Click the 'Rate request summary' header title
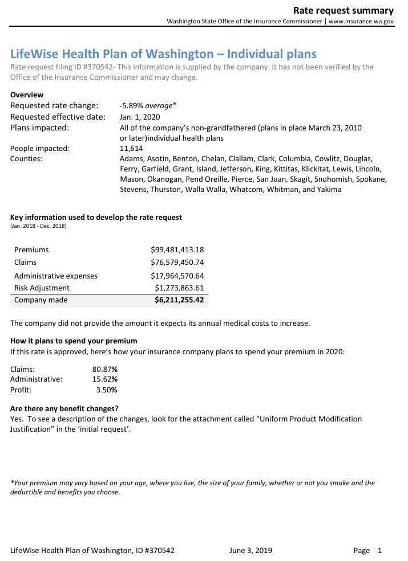(343, 10)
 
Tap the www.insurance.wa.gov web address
(361, 22)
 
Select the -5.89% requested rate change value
(132, 105)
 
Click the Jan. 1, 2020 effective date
(140, 117)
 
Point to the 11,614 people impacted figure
(131, 148)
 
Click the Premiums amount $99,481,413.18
(177, 249)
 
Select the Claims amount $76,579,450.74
(177, 262)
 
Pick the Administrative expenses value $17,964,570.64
(177, 276)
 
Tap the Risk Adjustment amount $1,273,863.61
(179, 288)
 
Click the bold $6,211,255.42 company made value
(179, 300)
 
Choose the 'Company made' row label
(41, 300)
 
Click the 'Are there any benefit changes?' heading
(64, 408)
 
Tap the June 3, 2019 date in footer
(251, 550)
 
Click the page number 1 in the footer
(379, 550)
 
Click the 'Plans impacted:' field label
(39, 127)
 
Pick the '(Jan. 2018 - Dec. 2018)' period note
(38, 226)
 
